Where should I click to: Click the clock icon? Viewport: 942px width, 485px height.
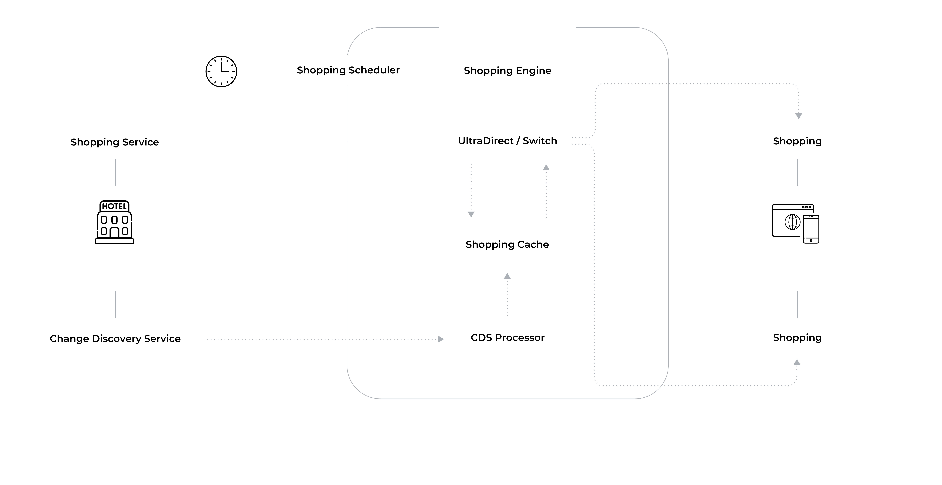click(221, 72)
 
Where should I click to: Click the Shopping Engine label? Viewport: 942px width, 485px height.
click(507, 71)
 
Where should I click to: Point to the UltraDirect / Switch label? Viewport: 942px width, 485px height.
click(507, 141)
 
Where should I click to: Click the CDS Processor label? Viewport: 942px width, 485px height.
click(507, 338)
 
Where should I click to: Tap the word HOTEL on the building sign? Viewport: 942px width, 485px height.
click(114, 206)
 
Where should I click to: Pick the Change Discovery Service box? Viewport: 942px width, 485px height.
click(115, 339)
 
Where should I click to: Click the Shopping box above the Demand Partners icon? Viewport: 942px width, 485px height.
click(797, 141)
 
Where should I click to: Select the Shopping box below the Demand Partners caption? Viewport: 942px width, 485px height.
click(797, 338)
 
